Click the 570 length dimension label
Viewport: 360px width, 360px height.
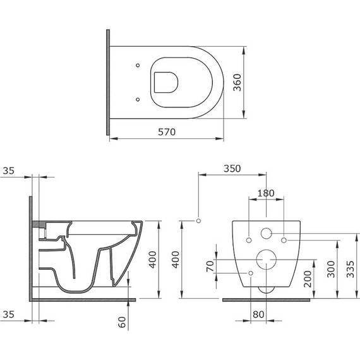(167, 132)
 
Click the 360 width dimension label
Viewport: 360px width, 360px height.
(237, 83)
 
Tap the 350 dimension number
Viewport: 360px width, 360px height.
(232, 169)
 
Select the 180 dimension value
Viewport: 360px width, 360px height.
(266, 193)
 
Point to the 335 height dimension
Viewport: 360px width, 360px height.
(350, 269)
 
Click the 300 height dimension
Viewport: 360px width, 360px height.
(331, 269)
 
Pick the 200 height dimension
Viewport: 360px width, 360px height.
(308, 279)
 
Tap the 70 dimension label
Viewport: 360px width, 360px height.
(210, 267)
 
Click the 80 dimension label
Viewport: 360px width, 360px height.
(258, 315)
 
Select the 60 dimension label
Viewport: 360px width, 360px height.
(122, 322)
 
